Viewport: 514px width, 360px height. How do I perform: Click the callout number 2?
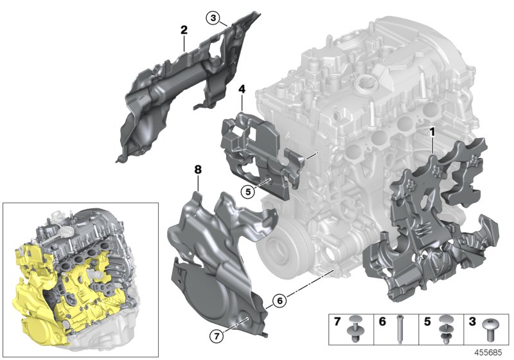(x=184, y=30)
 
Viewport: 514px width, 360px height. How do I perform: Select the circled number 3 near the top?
(x=213, y=17)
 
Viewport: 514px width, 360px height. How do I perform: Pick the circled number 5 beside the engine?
(x=248, y=191)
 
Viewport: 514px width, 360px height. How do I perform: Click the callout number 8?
(x=198, y=170)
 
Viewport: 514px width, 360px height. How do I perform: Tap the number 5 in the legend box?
(x=427, y=320)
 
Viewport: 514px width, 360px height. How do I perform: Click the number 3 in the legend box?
(x=472, y=320)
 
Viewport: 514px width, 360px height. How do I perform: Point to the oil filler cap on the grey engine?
(x=367, y=83)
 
